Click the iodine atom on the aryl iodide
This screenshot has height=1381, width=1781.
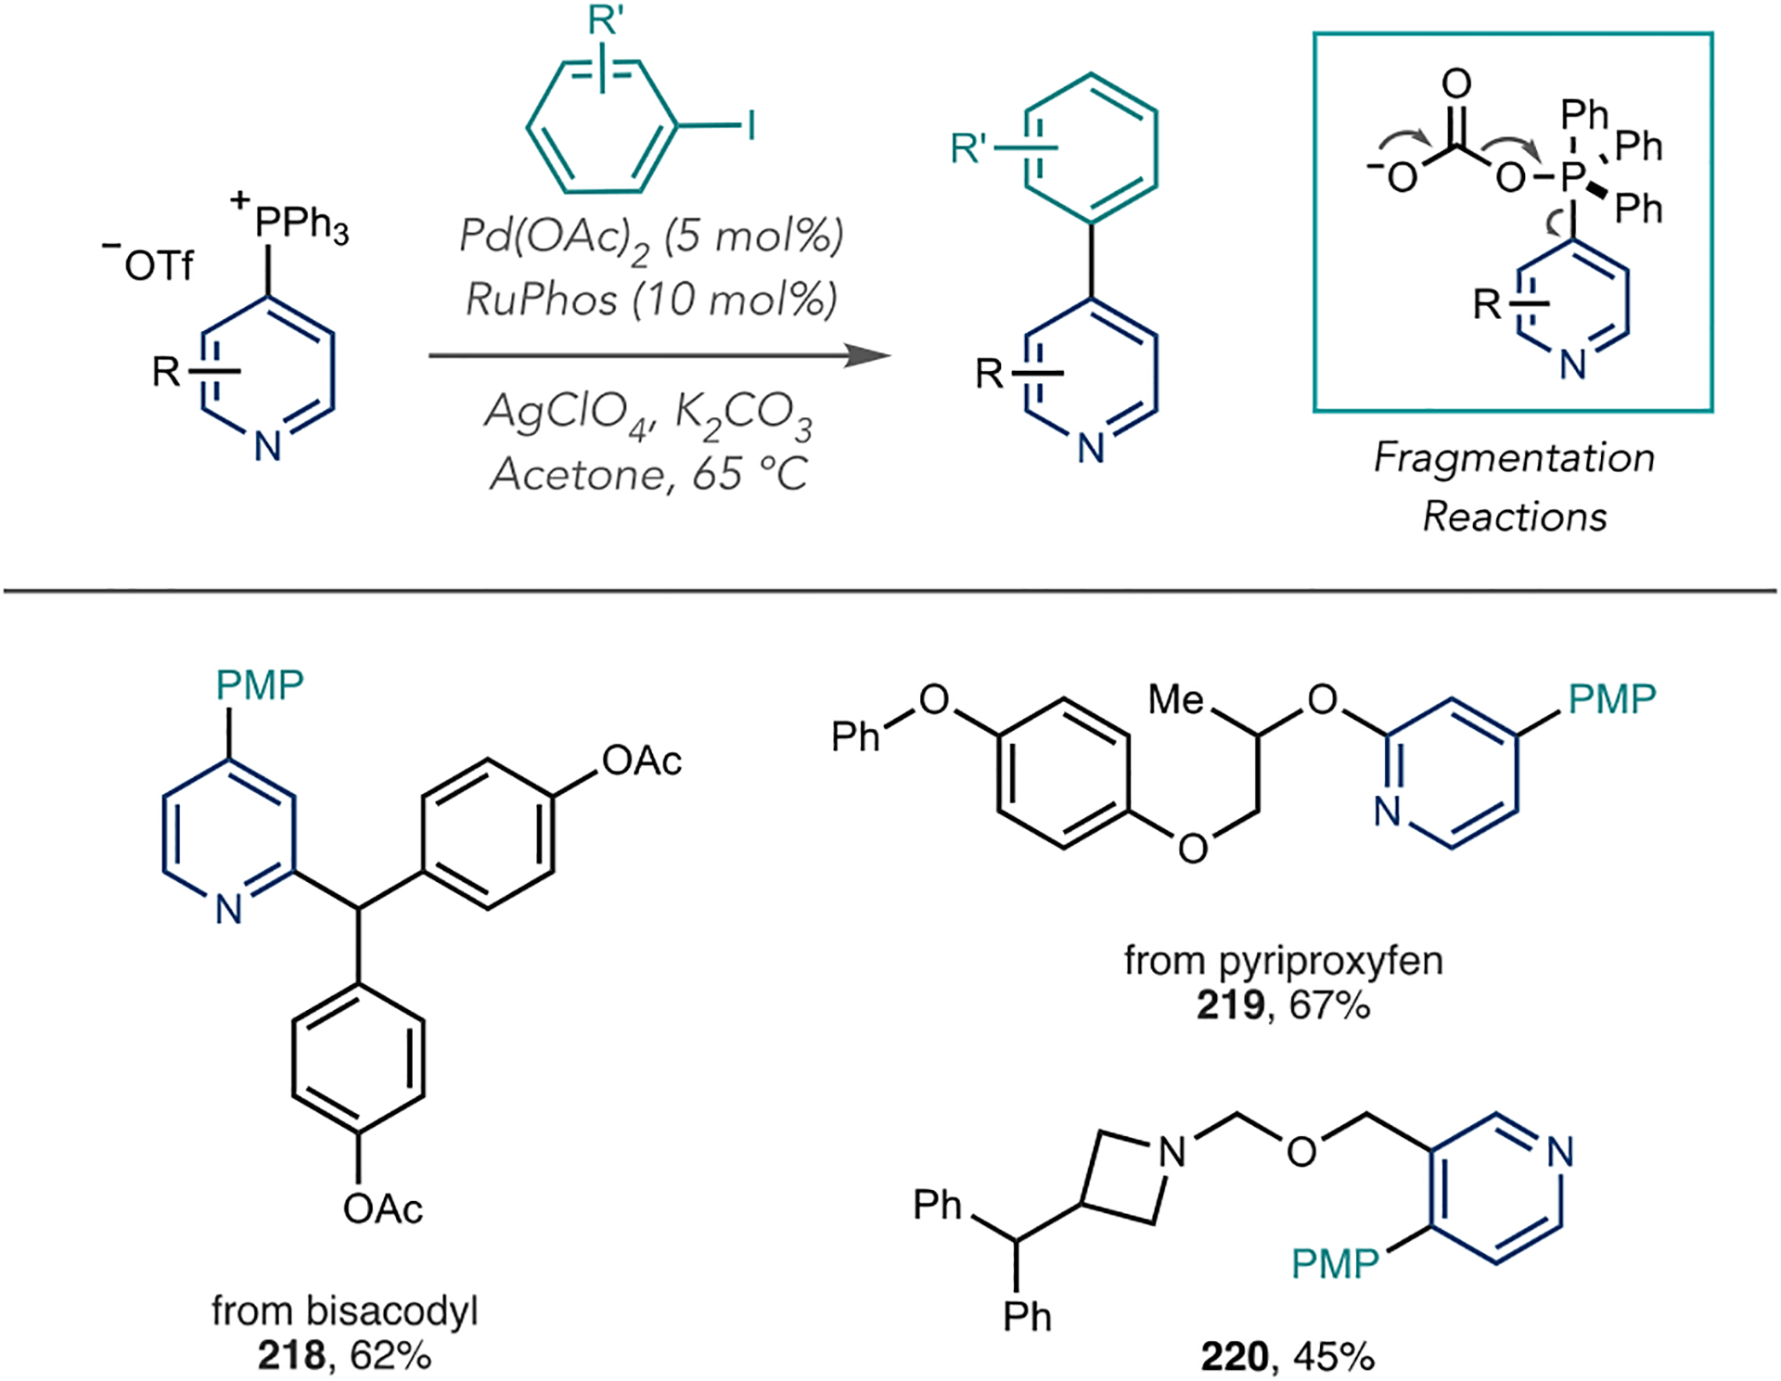(x=751, y=125)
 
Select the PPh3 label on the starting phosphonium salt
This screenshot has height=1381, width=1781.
(x=301, y=224)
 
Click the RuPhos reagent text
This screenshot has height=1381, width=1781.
(x=540, y=300)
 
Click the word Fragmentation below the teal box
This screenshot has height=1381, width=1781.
(x=1513, y=457)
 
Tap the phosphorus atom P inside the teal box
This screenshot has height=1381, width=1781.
(x=1570, y=176)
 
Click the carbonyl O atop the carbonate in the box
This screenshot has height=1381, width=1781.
(x=1455, y=83)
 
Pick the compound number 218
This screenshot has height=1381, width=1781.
(x=291, y=1356)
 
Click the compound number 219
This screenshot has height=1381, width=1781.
(x=1230, y=1005)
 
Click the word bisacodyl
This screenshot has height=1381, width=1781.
(x=392, y=1311)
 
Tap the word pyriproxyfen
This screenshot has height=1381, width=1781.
(x=1330, y=961)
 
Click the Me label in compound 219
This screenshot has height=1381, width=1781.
(x=1175, y=699)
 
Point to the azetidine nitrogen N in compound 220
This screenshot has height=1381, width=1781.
(x=1172, y=1152)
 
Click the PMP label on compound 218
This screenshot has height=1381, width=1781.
(x=260, y=685)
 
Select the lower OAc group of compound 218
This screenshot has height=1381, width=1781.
(x=382, y=1208)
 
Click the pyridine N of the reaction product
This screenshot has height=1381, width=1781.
(x=1091, y=449)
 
